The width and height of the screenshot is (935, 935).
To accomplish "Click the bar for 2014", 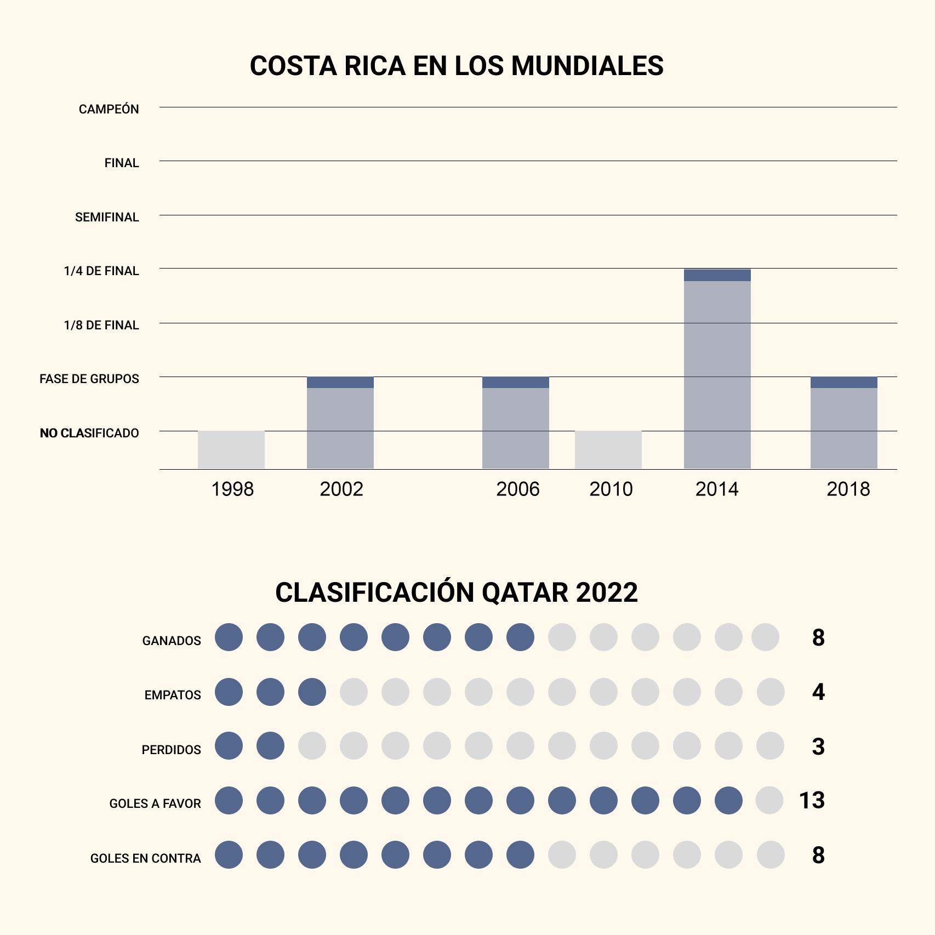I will pyautogui.click(x=717, y=373).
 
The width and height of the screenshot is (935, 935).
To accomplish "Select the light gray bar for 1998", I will pyautogui.click(x=231, y=449).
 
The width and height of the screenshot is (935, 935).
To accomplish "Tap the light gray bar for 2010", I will pyautogui.click(x=608, y=449).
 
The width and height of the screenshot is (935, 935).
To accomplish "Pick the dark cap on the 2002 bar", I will pyautogui.click(x=340, y=383).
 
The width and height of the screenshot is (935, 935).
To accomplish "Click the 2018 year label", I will pyautogui.click(x=848, y=489).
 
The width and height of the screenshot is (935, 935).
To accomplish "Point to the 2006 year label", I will pyautogui.click(x=517, y=489).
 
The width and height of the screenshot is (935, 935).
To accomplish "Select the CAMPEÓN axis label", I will pyautogui.click(x=109, y=109).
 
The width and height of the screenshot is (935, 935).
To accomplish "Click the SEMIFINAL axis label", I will pyautogui.click(x=107, y=217).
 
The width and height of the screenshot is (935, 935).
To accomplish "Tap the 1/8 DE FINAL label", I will pyautogui.click(x=101, y=325).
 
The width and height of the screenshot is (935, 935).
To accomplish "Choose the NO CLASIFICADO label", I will pyautogui.click(x=89, y=433).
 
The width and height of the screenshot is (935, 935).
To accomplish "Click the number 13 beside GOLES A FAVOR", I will pyautogui.click(x=812, y=801).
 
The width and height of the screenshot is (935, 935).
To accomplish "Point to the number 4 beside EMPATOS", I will pyautogui.click(x=818, y=692).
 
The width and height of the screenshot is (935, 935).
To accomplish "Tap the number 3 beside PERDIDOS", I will pyautogui.click(x=818, y=746).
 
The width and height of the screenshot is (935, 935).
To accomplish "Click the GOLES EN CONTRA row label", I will pyautogui.click(x=145, y=858).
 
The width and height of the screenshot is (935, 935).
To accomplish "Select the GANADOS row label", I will pyautogui.click(x=172, y=641).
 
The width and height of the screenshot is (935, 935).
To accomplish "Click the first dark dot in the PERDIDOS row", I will pyautogui.click(x=229, y=746).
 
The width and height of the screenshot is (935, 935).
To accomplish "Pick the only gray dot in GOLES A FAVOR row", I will pyautogui.click(x=769, y=800).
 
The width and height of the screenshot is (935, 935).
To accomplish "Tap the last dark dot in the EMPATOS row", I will pyautogui.click(x=312, y=692).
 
